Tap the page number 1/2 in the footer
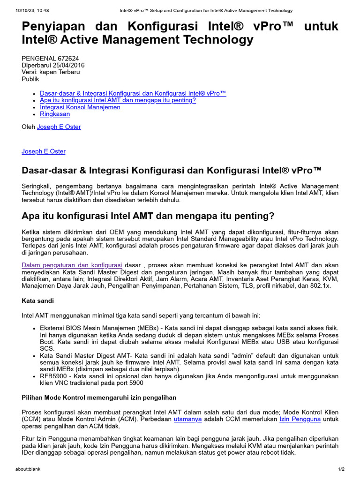(x=341, y=469)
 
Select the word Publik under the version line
(x=30, y=79)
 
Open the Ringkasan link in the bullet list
(x=55, y=114)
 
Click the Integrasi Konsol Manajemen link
(x=80, y=107)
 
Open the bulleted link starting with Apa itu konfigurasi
(x=118, y=100)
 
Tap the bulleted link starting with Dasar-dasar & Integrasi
(x=133, y=93)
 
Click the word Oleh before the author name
(x=29, y=127)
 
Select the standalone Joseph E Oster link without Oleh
(x=44, y=151)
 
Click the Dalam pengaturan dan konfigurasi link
(x=72, y=265)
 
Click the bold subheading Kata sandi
(x=38, y=300)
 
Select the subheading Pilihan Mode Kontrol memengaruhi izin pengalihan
(x=99, y=397)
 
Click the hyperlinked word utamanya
(x=187, y=419)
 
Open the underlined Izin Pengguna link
(x=300, y=419)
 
